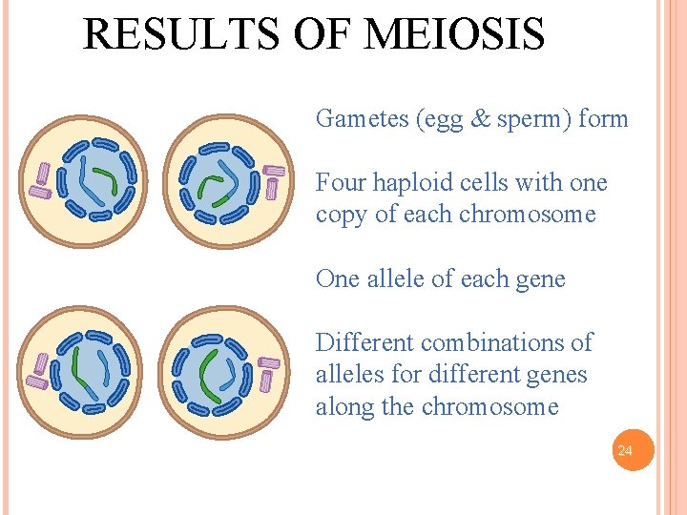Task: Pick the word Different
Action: (365, 342)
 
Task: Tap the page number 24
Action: (625, 450)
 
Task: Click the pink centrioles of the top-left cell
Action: (42, 180)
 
